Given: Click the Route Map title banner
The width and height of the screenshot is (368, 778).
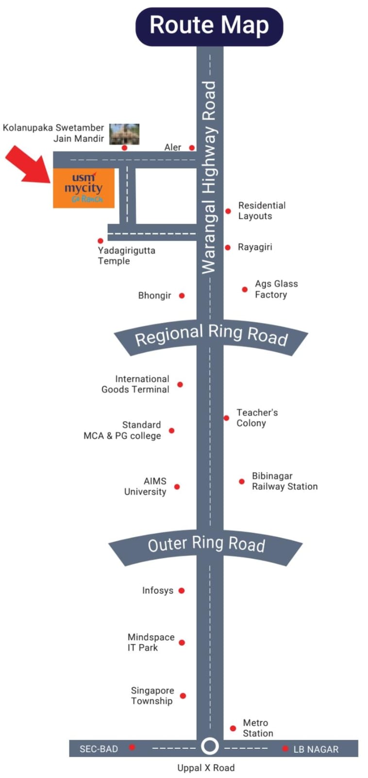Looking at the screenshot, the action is (x=209, y=26).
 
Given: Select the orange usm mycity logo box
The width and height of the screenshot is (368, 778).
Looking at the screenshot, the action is (x=84, y=188).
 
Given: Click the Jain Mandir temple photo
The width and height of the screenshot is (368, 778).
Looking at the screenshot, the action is (x=124, y=134).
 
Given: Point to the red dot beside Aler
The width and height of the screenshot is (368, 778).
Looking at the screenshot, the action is (x=192, y=148).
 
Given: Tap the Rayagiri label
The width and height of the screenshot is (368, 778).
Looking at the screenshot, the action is (x=255, y=247).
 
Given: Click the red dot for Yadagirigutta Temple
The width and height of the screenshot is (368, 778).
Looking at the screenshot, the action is (x=100, y=241).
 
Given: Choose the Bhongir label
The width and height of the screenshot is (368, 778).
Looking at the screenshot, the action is (x=155, y=296).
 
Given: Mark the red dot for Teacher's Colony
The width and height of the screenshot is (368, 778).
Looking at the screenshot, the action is (x=226, y=418).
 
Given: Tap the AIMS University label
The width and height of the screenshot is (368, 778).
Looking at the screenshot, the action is (x=145, y=486).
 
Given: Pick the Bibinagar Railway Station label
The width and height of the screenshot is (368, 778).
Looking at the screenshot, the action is (x=285, y=481).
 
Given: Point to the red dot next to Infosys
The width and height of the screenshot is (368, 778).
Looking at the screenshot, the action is (x=182, y=590).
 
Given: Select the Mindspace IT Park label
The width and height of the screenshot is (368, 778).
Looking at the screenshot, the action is (x=151, y=642).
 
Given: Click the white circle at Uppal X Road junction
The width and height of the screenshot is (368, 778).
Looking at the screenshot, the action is (x=210, y=746).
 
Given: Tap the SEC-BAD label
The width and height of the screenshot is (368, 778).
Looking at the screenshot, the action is (x=99, y=749).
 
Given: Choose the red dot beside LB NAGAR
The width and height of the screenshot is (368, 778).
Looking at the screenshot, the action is (x=285, y=748).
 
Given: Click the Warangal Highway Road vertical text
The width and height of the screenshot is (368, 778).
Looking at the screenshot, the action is (x=209, y=177).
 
